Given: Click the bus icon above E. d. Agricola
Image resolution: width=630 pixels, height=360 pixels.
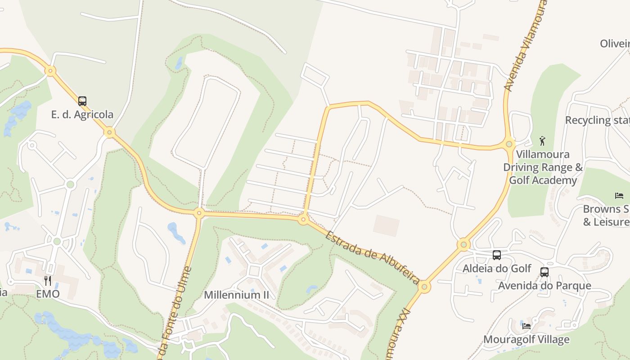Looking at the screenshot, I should tap(82, 101).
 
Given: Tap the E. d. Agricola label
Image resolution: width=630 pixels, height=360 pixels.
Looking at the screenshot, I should tap(82, 115).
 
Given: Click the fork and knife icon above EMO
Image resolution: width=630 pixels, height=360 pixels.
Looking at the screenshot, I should tap(48, 281).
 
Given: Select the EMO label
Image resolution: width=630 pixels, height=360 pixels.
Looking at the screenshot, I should tap(48, 294).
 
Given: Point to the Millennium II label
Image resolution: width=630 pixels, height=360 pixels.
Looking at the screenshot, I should tap(236, 295).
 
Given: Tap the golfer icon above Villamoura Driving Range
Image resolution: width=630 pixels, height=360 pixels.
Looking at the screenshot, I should tap(543, 140).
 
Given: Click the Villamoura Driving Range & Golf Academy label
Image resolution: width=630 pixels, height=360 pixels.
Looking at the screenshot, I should tap(543, 167).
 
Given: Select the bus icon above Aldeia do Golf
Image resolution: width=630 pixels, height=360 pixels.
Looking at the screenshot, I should tap(497, 255).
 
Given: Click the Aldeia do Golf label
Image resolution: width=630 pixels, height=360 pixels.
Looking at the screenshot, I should tap(497, 269).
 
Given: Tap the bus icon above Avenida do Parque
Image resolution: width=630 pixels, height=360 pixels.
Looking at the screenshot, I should tap(544, 272).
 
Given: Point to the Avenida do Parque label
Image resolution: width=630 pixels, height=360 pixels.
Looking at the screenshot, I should tap(544, 286).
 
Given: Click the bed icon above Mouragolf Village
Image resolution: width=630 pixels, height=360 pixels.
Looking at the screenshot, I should tap(526, 325).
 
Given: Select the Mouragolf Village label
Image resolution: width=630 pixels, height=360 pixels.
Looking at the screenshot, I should tap(526, 339).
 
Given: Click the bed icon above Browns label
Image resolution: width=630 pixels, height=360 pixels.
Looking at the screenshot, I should tap(619, 196).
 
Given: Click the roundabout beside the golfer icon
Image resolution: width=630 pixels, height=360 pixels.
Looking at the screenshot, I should tap(509, 144).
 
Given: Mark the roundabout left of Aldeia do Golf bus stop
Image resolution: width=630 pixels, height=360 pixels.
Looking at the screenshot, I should tap(463, 245).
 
